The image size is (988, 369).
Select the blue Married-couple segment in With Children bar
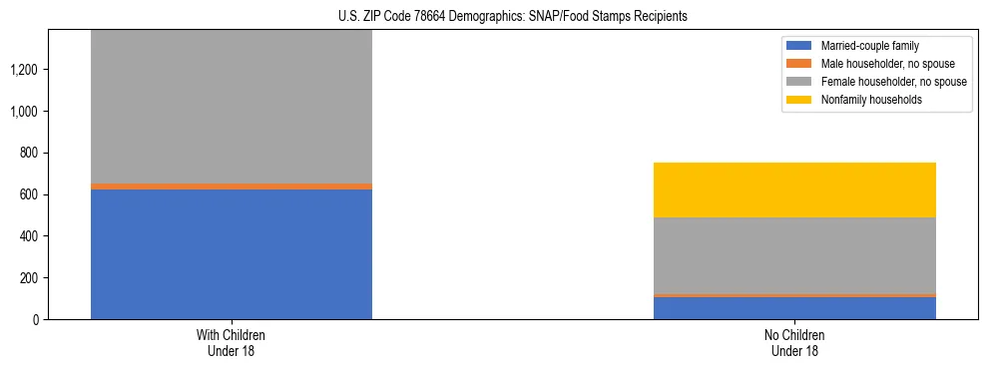point(232,254)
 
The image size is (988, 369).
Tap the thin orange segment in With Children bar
point(232,186)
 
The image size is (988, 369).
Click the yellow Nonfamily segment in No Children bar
point(794,189)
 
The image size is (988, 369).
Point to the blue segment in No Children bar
point(794,308)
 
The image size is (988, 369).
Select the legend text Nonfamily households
point(865,99)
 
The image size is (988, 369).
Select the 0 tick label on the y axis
point(36,319)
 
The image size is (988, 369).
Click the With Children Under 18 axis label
point(232,342)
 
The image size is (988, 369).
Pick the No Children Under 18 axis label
point(794,342)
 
